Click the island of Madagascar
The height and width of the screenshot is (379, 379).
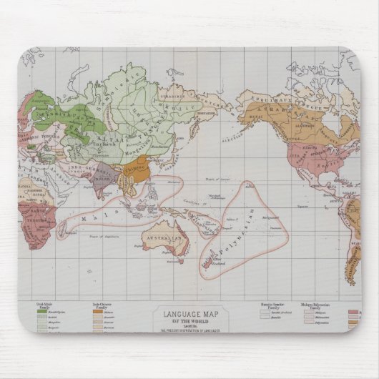[62, 227]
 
